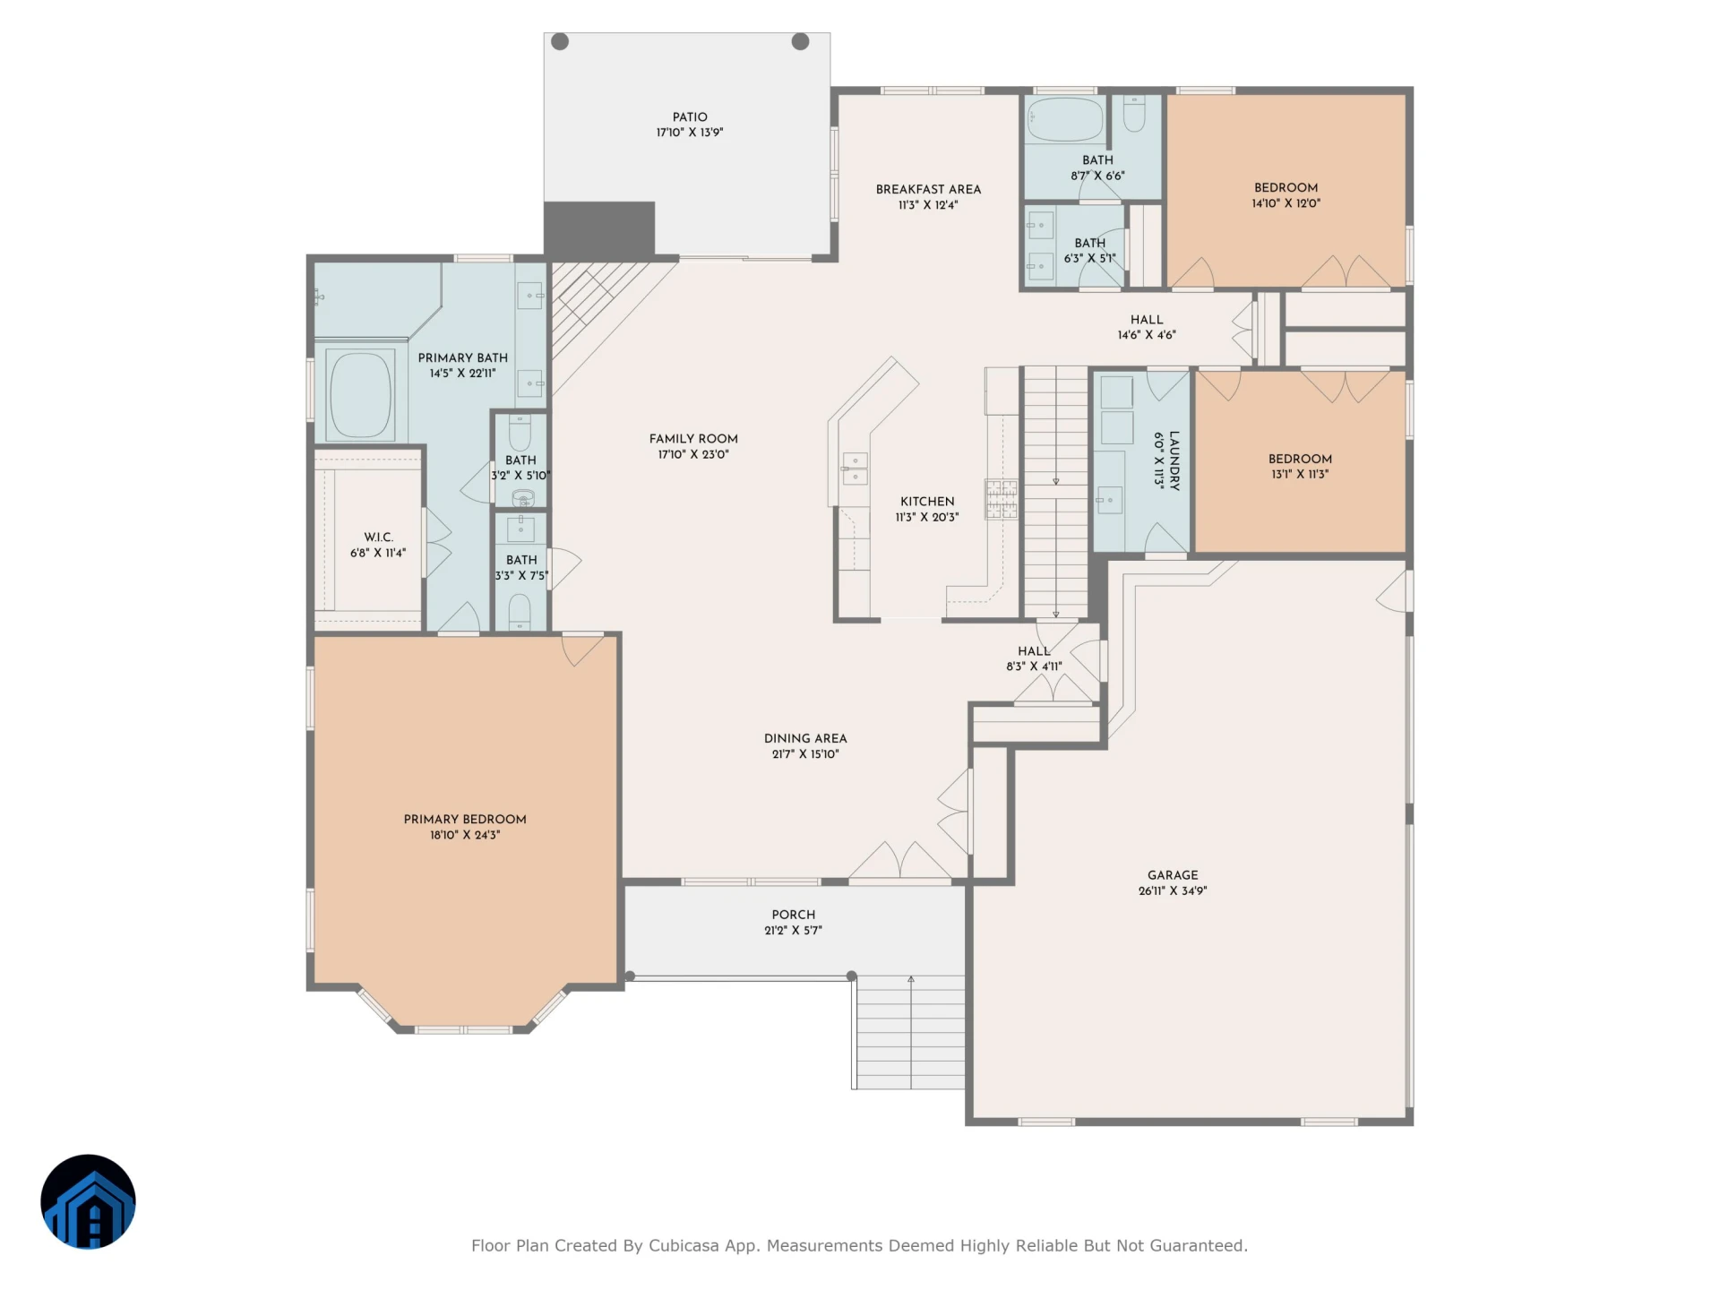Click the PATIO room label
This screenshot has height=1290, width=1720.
click(690, 117)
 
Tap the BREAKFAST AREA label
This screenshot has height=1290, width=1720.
click(928, 189)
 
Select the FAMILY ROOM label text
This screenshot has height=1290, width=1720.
click(693, 439)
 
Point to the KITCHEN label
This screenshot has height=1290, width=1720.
click(927, 502)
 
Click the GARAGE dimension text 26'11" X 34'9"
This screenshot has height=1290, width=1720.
click(1173, 891)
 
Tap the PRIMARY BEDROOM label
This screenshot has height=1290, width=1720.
click(465, 820)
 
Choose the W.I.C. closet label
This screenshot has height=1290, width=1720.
click(378, 537)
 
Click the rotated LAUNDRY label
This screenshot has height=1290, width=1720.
click(1174, 460)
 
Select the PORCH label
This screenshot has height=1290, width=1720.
click(794, 915)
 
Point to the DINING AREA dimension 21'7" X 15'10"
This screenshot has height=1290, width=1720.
click(805, 754)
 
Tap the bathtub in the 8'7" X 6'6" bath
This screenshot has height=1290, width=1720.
click(1065, 119)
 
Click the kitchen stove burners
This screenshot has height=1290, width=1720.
click(1002, 500)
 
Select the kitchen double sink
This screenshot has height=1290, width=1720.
click(855, 469)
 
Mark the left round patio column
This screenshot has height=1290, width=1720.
click(560, 41)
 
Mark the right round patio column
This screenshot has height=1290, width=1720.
click(801, 41)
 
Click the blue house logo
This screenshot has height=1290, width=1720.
click(88, 1201)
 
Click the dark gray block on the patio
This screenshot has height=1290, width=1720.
click(599, 228)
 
